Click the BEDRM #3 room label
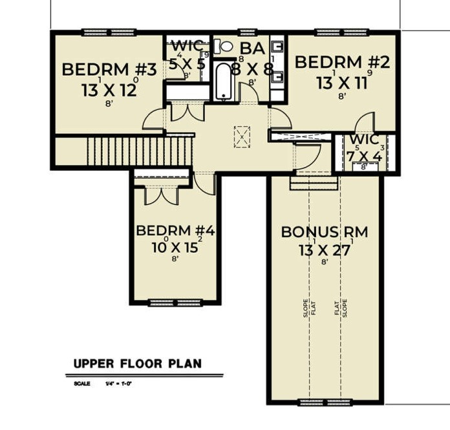(x=109, y=70)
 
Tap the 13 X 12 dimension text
(x=109, y=90)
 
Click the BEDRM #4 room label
(x=175, y=231)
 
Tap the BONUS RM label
(x=324, y=232)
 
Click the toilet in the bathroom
(x=224, y=46)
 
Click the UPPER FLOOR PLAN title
(x=137, y=363)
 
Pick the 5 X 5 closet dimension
(x=187, y=64)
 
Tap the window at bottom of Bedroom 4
(x=167, y=302)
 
